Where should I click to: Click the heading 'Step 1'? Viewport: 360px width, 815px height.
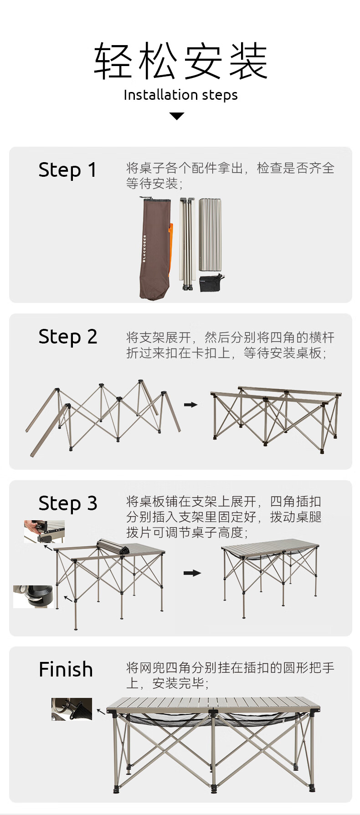coord(67,170)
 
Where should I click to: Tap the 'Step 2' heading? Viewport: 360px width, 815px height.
coord(67,337)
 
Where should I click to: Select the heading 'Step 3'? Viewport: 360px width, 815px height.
coord(67,503)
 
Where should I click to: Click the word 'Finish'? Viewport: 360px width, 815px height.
coord(66,670)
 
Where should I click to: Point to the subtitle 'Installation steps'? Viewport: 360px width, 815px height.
coord(180,95)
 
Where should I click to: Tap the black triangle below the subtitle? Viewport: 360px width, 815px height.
coord(177,116)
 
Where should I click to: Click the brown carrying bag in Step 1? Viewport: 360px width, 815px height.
coord(155,248)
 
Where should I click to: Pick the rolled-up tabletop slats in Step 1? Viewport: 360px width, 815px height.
coord(210,236)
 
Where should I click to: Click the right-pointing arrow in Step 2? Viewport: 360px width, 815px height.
coord(190,405)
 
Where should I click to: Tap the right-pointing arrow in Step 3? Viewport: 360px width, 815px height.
coord(192,573)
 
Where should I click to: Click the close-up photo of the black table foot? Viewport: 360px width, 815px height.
coord(33,596)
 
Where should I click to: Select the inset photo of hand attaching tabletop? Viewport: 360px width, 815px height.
coord(44,532)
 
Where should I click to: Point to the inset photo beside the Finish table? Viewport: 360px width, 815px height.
coord(72,709)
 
